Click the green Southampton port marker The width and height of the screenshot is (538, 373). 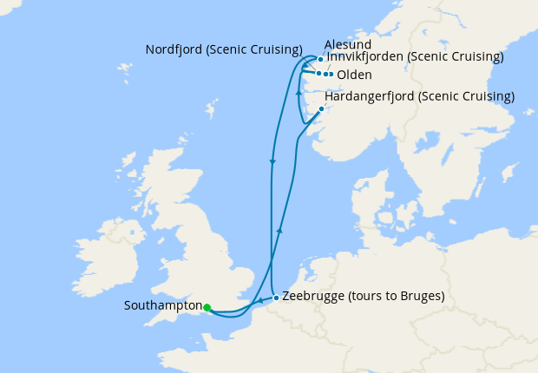(207, 307)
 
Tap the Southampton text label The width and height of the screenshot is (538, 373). (163, 306)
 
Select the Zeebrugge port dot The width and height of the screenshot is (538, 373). (276, 298)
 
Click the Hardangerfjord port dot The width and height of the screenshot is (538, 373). (322, 109)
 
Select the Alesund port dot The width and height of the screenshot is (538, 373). (320, 60)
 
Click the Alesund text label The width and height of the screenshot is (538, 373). (347, 44)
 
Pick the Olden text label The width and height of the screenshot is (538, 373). (354, 75)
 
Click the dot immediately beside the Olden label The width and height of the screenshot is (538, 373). (330, 75)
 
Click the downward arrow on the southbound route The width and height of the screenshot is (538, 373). (272, 161)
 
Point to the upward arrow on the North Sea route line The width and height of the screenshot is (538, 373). (279, 229)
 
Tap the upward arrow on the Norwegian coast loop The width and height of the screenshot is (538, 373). (298, 92)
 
